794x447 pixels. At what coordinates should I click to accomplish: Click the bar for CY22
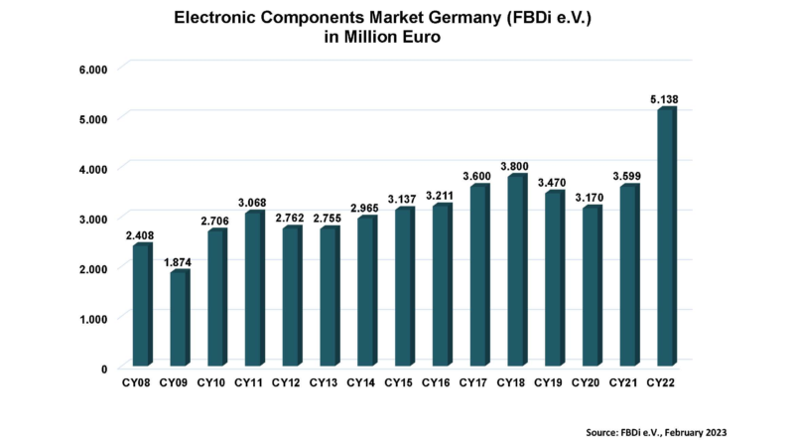pos(665,238)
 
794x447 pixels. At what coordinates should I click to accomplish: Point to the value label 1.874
pos(179,262)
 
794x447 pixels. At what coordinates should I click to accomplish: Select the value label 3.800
pos(513,166)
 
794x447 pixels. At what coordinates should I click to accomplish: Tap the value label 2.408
pos(141,235)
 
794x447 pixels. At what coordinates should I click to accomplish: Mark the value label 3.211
pos(439,196)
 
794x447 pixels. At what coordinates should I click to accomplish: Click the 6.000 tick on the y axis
pos(92,69)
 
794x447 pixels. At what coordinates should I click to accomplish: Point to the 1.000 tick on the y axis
pos(92,318)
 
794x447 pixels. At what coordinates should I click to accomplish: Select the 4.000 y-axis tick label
pos(92,169)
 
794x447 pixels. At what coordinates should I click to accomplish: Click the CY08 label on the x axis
pos(137,382)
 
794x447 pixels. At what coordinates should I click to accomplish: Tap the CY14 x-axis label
pos(361,382)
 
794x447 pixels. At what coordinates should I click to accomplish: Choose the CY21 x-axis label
pos(623,382)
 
